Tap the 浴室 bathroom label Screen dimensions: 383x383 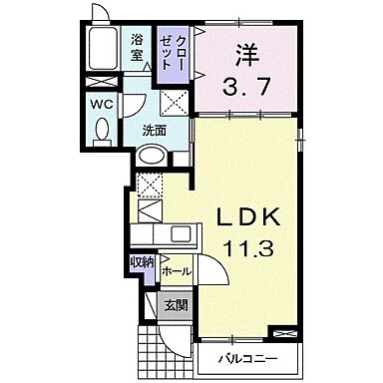click(x=137, y=47)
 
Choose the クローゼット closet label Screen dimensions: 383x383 click(x=175, y=50)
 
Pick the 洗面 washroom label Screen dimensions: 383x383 click(x=154, y=130)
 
